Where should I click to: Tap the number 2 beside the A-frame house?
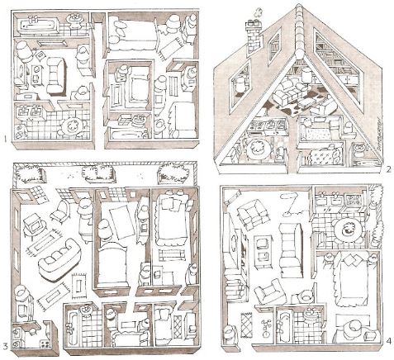tap(388, 169)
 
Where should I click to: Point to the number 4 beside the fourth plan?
tap(388, 341)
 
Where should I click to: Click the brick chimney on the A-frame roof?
tap(254, 36)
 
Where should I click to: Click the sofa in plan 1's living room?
tap(56, 75)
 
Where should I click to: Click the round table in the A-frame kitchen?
tap(258, 149)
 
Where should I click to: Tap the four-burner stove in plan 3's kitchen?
tap(45, 343)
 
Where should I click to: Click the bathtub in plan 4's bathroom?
tap(284, 327)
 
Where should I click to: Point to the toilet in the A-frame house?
tap(359, 150)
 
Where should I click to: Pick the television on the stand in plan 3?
tap(31, 225)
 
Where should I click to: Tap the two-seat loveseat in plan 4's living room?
tap(254, 214)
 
